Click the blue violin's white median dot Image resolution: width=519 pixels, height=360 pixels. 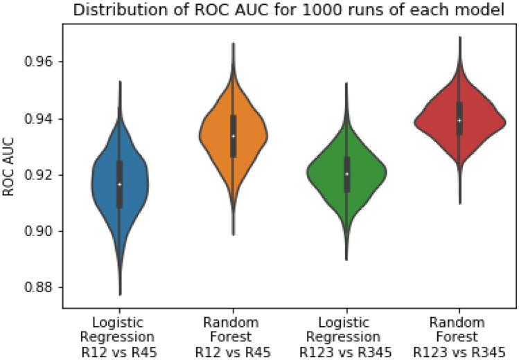pyautogui.click(x=119, y=184)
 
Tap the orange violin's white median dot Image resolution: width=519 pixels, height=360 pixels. pyautogui.click(x=233, y=136)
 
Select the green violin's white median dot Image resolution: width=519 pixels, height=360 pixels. pyautogui.click(x=346, y=173)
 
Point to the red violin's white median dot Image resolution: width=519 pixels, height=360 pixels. pyautogui.click(x=459, y=120)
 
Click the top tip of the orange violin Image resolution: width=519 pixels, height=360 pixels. pyautogui.click(x=233, y=43)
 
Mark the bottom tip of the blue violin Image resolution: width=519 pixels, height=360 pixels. pyautogui.click(x=120, y=296)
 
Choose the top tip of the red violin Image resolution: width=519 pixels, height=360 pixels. pyautogui.click(x=460, y=37)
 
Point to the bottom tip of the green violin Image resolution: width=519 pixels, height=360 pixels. pyautogui.click(x=346, y=260)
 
